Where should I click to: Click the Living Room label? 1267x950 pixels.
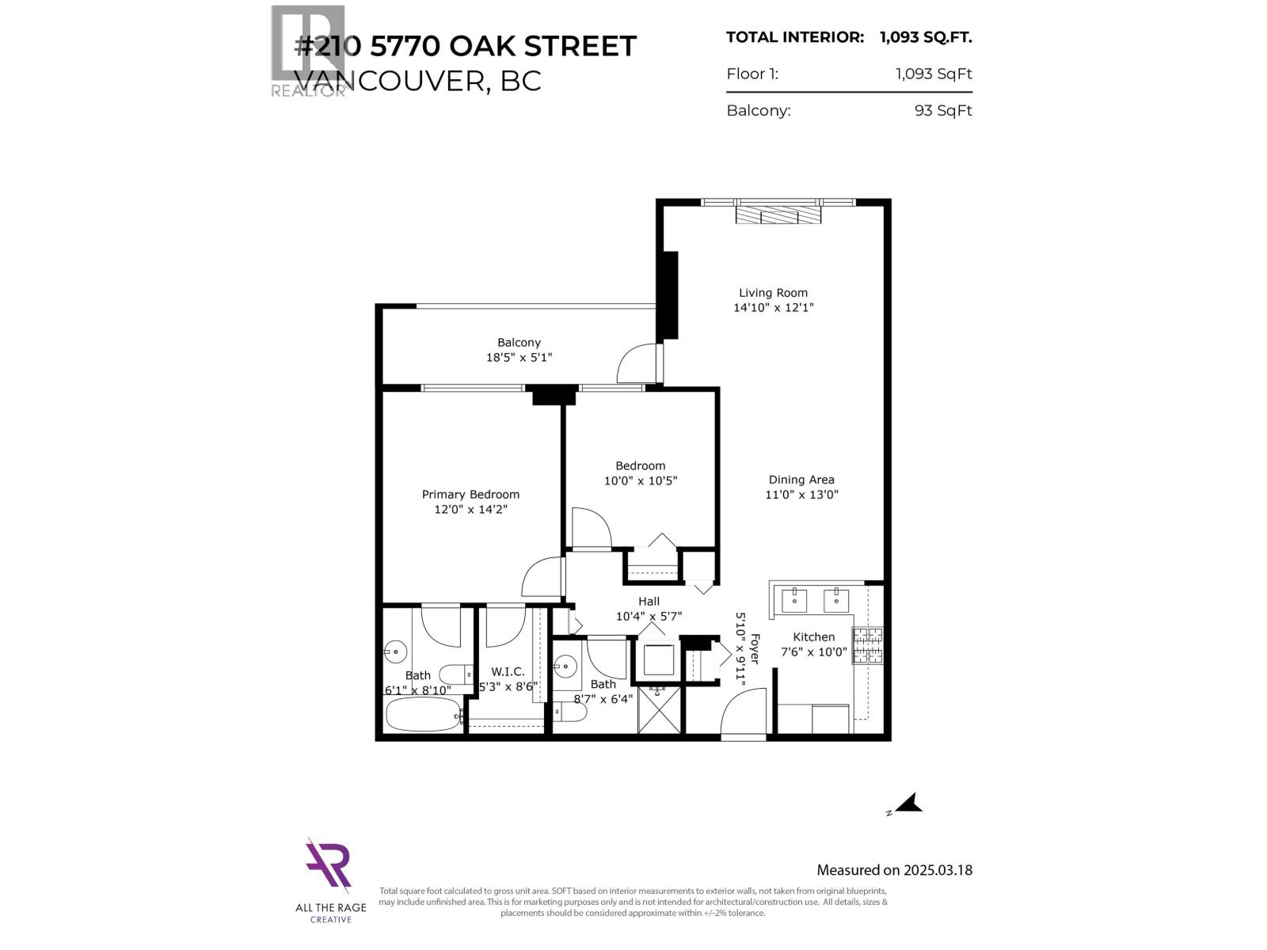click(773, 293)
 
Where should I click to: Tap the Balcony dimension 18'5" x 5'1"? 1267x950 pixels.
click(519, 357)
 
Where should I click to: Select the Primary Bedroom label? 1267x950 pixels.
click(470, 495)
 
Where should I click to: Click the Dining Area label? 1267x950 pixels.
click(801, 480)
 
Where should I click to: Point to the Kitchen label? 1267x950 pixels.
click(813, 636)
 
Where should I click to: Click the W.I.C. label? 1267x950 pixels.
click(508, 671)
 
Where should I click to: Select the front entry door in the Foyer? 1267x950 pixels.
click(744, 715)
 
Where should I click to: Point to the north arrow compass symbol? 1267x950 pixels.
click(907, 804)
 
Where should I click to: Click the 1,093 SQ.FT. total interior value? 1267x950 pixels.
click(925, 36)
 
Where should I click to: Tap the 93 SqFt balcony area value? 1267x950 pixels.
click(942, 111)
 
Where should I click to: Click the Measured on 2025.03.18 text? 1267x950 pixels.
click(894, 870)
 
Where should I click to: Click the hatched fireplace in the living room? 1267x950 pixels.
click(778, 215)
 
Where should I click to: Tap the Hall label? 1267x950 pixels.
click(649, 602)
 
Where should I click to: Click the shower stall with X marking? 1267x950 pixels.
click(659, 710)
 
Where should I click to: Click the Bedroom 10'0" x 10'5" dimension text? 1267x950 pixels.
click(640, 481)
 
